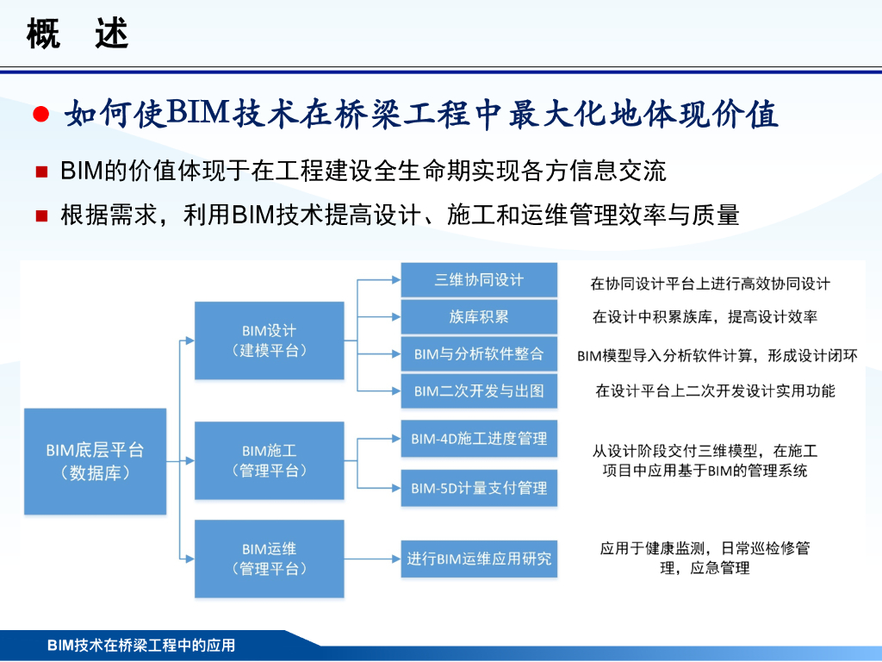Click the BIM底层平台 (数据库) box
95,461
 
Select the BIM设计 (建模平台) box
269,340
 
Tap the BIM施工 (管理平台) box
269,460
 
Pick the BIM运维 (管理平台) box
269,559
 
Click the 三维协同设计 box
479,280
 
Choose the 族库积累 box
479,316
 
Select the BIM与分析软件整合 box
479,353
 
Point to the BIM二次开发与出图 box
479,390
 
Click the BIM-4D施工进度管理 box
479,439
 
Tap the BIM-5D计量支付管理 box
479,488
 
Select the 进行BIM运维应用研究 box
479,559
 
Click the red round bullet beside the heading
40,116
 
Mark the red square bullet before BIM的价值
40,172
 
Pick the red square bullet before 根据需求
40,215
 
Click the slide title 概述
77,34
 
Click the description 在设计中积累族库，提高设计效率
704,317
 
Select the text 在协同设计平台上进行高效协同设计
710,284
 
